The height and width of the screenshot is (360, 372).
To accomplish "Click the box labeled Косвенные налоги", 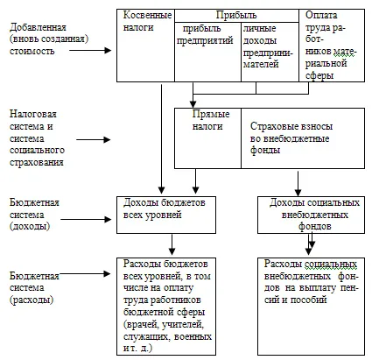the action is [x=145, y=46].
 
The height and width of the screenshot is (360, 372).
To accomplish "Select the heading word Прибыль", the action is [x=236, y=15].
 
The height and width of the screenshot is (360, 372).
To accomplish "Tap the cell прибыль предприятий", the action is [x=207, y=52].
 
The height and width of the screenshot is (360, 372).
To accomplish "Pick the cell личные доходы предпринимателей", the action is [x=270, y=52].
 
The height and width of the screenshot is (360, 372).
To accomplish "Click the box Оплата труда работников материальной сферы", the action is [x=332, y=46].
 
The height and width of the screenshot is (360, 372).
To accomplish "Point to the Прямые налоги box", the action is [x=207, y=138].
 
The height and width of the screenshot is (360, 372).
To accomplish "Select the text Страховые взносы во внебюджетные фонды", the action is [x=291, y=138].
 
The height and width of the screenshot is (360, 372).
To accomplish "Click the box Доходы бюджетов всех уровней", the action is [x=166, y=215].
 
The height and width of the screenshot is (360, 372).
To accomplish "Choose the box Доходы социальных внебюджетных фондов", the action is [x=311, y=215].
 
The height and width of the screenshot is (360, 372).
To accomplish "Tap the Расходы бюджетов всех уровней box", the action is [x=166, y=307].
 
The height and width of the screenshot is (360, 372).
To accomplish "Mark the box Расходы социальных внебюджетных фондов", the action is [x=311, y=307].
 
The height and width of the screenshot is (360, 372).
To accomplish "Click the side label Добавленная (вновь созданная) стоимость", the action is [x=49, y=39].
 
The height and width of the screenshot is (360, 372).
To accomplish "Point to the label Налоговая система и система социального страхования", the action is [x=37, y=138].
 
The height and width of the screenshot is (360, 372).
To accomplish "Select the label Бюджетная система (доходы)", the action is [x=34, y=215].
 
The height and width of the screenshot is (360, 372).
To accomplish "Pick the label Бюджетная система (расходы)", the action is [x=34, y=288].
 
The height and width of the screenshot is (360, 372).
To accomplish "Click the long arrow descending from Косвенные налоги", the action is [x=161, y=139].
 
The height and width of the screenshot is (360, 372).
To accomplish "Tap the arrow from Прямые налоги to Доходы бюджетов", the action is [x=196, y=181].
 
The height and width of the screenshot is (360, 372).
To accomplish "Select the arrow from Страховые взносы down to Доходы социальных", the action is [x=298, y=184].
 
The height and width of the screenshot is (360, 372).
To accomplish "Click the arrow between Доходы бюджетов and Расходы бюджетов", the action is [x=172, y=244].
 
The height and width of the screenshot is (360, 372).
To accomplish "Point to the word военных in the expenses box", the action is [x=193, y=336].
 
